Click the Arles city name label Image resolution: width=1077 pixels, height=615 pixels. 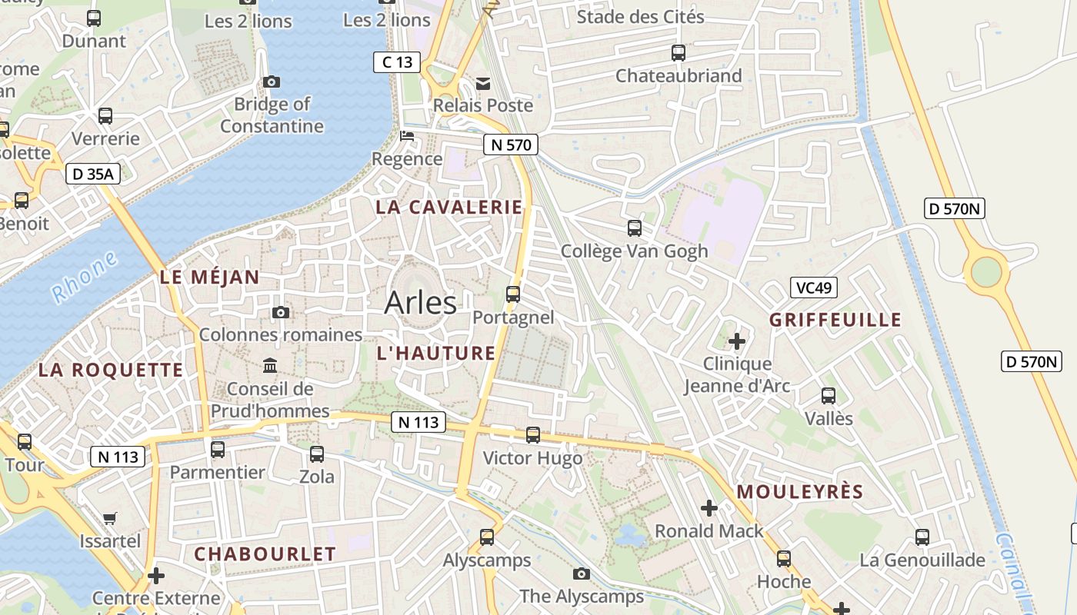tap(420, 302)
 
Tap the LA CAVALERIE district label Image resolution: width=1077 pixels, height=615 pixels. tap(448, 207)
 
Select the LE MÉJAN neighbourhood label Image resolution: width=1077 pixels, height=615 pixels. tap(210, 278)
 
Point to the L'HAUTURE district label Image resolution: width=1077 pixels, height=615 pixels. tap(436, 353)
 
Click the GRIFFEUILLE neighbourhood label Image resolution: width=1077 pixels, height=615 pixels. tap(835, 320)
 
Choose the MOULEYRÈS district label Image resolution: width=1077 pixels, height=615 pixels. tap(800, 492)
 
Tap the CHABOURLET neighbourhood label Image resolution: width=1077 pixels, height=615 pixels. tap(265, 553)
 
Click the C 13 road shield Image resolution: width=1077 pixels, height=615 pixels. tap(397, 62)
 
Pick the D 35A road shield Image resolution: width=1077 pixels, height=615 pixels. tap(92, 175)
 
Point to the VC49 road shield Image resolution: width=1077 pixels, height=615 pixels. tap(813, 288)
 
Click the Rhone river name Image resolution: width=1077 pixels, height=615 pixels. tap(85, 276)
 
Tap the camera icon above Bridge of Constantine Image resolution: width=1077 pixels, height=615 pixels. tap(272, 81)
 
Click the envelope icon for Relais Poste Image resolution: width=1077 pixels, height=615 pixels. tap(483, 83)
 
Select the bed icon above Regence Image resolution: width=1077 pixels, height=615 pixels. tap(407, 137)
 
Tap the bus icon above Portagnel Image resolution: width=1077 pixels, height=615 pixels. tap(513, 294)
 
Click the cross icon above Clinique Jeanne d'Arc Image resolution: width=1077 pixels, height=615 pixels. tap(737, 341)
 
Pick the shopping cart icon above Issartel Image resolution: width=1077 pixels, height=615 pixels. tap(110, 518)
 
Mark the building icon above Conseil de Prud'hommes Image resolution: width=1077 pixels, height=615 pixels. tap(270, 365)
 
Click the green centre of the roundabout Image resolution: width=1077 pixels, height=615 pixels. tap(986, 271)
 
